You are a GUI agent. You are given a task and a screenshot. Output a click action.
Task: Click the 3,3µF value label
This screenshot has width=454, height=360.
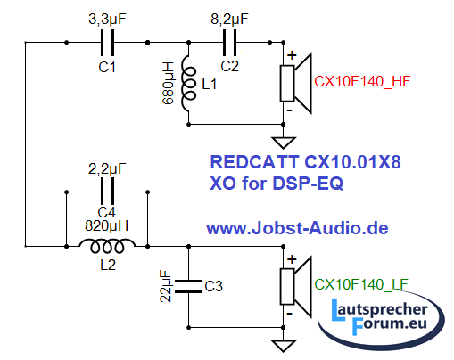point(107,19)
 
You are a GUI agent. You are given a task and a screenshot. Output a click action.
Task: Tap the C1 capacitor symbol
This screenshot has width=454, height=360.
point(107,42)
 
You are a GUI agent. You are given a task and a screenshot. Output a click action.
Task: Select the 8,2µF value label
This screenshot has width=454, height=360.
point(229,19)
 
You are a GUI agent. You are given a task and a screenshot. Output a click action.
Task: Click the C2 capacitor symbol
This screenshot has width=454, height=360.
point(229,42)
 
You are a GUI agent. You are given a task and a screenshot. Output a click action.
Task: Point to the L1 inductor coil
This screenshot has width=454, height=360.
point(188,84)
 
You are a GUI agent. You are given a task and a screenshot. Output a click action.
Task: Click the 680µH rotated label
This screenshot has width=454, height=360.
point(169,83)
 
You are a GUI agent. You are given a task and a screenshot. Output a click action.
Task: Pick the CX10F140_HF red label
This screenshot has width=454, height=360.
point(362,81)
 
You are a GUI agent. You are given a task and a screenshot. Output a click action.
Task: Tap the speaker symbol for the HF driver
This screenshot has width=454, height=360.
point(295,84)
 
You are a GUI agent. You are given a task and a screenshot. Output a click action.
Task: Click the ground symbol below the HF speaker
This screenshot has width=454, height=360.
point(284,143)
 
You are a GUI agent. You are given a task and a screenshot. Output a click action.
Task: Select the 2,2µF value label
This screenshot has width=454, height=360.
point(107,169)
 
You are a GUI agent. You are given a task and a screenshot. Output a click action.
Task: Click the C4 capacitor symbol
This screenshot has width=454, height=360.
point(107,192)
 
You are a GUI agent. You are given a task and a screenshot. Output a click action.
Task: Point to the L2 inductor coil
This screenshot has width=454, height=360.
point(107,246)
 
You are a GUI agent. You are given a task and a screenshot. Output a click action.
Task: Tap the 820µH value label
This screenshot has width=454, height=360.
point(107,226)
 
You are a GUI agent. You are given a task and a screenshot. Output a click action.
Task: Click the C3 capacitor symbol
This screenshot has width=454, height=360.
point(188,286)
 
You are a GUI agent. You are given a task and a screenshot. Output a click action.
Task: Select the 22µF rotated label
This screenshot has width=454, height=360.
point(166,286)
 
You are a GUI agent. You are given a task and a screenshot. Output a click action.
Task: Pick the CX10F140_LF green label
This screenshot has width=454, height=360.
point(361,284)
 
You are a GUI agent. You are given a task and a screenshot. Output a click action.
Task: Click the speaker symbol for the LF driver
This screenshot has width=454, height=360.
point(295,287)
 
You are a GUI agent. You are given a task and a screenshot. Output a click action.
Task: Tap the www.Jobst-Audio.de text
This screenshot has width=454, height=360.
point(297,228)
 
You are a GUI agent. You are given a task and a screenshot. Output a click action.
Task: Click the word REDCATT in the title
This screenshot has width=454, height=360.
point(254,162)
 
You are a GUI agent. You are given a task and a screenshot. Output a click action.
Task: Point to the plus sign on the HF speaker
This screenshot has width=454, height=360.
point(292,55)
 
